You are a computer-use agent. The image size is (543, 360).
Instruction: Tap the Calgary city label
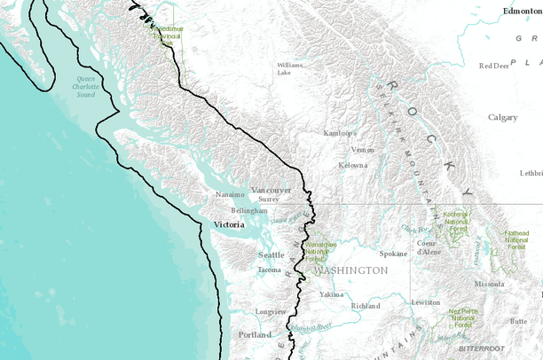pos(502,117)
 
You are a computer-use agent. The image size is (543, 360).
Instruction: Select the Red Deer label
pos(494,66)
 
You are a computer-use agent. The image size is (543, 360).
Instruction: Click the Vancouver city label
pos(271,190)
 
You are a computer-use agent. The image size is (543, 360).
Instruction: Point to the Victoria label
pos(232,225)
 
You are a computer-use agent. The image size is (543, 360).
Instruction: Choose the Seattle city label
pos(271,254)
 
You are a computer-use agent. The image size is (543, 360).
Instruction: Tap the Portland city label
pos(255,334)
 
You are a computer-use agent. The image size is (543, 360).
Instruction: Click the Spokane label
pos(393,254)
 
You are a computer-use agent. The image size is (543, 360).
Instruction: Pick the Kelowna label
pos(352,165)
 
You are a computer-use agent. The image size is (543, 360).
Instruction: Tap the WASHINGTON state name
pos(350,270)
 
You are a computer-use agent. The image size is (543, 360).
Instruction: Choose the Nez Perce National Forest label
pos(466,317)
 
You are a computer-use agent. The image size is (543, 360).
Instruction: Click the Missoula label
pos(490,284)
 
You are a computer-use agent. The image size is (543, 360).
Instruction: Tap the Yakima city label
pos(331,293)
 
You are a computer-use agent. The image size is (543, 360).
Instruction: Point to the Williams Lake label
pos(290,68)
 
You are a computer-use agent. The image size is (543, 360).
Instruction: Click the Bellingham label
pos(249,211)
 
